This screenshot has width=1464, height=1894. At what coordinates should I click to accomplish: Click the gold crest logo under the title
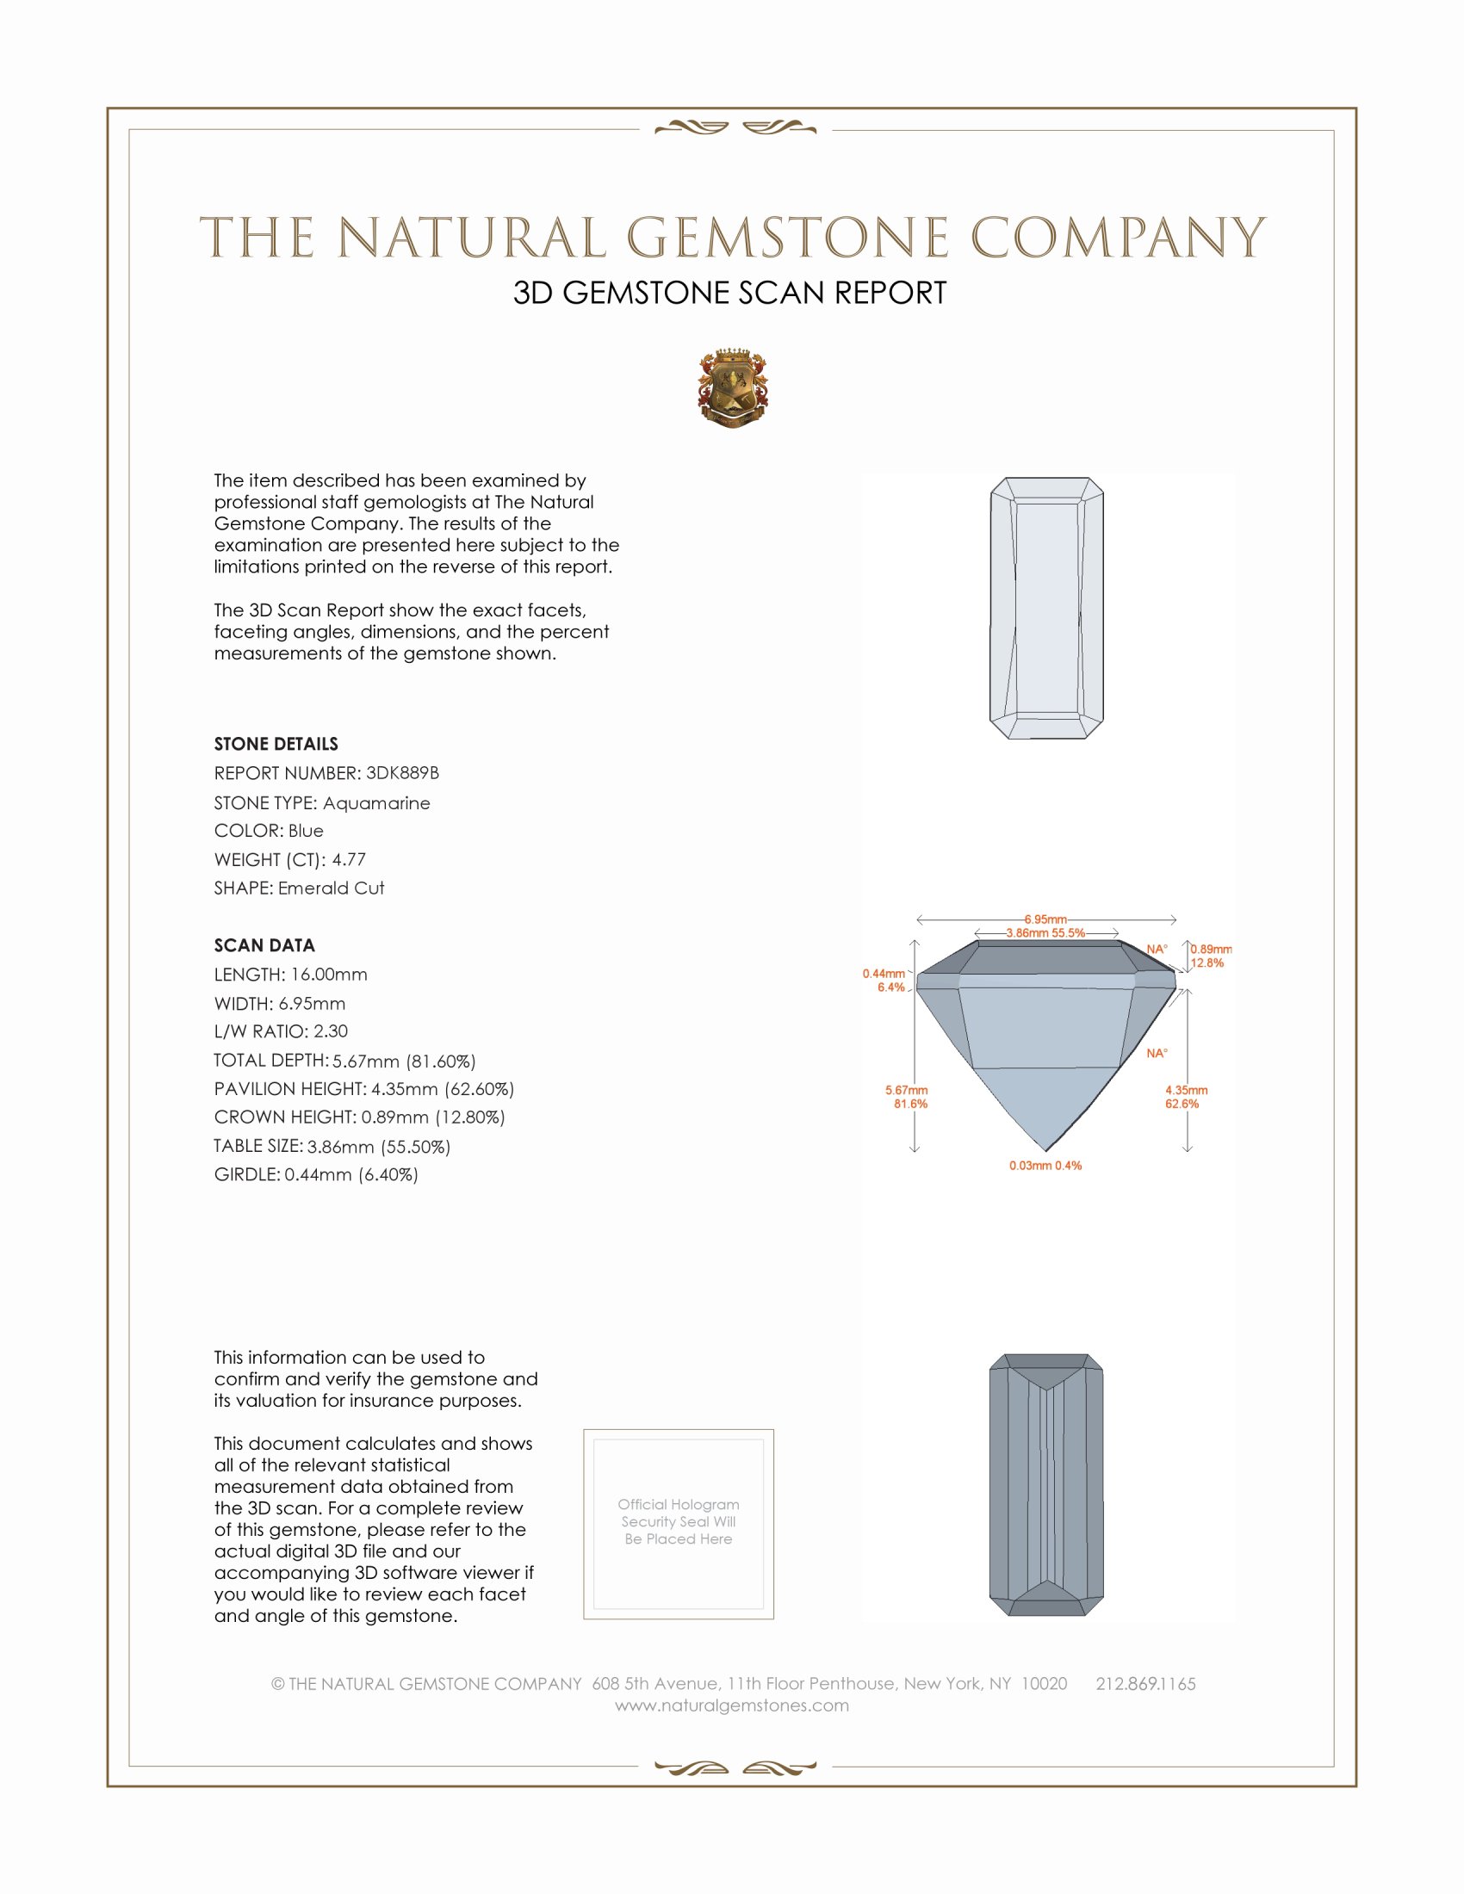pyautogui.click(x=732, y=387)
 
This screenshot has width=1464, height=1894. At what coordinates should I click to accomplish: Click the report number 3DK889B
pyautogui.click(x=402, y=773)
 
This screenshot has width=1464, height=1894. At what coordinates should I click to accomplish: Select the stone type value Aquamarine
pyautogui.click(x=376, y=803)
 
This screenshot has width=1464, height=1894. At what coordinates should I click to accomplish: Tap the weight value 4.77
pyautogui.click(x=349, y=859)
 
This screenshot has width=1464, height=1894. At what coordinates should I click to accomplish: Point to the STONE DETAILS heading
pyautogui.click(x=276, y=744)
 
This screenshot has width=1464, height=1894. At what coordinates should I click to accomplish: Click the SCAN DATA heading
pyautogui.click(x=264, y=945)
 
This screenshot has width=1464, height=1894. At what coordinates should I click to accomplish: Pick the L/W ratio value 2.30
pyautogui.click(x=331, y=1031)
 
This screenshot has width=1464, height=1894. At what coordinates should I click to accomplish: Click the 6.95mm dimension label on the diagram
pyautogui.click(x=1045, y=919)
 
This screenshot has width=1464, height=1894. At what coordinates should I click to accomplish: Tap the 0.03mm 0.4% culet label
pyautogui.click(x=1045, y=1166)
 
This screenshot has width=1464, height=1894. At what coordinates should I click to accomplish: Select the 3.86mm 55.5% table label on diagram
pyautogui.click(x=1045, y=933)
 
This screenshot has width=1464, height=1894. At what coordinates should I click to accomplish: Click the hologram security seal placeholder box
pyautogui.click(x=679, y=1524)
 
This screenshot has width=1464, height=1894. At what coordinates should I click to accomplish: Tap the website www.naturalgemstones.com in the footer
pyautogui.click(x=732, y=1705)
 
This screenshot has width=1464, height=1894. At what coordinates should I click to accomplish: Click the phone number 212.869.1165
pyautogui.click(x=1145, y=1683)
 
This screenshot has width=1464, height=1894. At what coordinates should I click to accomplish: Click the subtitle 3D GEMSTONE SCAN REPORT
pyautogui.click(x=729, y=293)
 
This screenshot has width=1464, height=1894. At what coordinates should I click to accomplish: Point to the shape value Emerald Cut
pyautogui.click(x=331, y=888)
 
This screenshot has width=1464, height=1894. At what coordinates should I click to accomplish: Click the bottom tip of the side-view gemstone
pyautogui.click(x=1047, y=1150)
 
